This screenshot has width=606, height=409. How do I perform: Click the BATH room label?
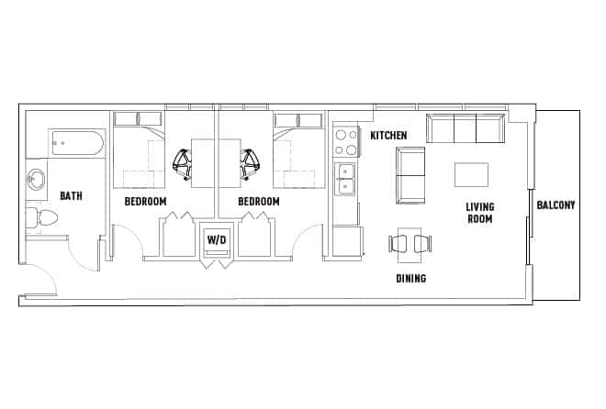point(72,195)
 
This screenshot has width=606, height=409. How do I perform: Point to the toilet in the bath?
point(42,217)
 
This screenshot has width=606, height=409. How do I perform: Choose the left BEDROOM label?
point(145,201)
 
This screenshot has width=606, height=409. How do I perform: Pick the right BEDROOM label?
point(258,201)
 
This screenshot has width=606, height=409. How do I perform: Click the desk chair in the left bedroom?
point(184,162)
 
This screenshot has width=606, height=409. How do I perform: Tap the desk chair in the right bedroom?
point(248,162)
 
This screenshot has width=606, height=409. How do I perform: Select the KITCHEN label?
point(388,136)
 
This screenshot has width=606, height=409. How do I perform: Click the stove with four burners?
point(346,143)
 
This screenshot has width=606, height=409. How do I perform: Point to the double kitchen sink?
point(346,179)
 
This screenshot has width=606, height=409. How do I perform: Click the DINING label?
point(410,278)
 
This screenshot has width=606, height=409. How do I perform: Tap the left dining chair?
point(399,243)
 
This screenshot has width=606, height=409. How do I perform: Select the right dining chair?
point(421,243)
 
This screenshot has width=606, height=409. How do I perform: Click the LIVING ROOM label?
point(479,213)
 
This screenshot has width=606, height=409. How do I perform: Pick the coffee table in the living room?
point(472,174)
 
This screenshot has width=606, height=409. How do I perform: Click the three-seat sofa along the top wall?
point(466,129)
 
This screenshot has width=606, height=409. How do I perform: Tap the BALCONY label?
point(555,204)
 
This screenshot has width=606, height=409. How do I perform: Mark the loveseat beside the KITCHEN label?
point(410,174)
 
